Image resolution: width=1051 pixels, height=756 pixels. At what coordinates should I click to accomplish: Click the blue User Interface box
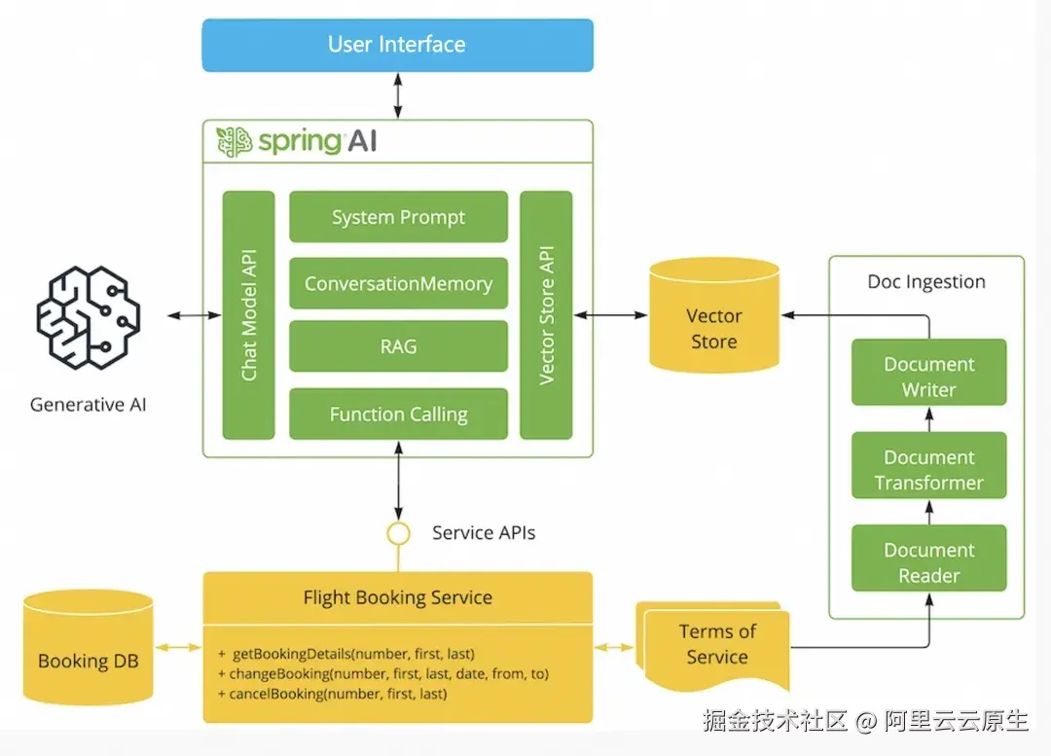[397, 45]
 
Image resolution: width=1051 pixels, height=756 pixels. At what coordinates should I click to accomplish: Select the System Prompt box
[398, 217]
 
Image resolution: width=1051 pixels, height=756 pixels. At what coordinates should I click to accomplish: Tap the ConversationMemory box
[398, 284]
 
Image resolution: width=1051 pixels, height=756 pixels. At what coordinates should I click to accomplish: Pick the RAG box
[398, 345]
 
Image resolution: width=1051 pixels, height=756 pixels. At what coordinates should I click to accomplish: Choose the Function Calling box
[398, 414]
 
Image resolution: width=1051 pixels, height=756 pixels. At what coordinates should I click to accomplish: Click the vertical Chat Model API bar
[249, 314]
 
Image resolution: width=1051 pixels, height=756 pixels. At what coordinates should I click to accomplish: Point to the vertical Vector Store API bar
[546, 314]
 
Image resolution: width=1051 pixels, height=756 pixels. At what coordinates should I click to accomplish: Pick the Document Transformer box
[928, 469]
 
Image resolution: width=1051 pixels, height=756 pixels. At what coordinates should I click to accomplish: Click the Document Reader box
[928, 561]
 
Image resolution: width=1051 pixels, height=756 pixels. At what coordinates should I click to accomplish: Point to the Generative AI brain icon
[89, 315]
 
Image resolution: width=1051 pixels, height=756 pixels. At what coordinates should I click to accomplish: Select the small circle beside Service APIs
[397, 533]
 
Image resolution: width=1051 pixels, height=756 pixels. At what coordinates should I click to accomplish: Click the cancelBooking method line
[338, 694]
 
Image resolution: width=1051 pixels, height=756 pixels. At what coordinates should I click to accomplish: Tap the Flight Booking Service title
[397, 597]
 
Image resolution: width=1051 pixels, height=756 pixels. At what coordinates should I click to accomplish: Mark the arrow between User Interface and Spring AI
[397, 95]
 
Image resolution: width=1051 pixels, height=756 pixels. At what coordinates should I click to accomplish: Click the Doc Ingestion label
[926, 281]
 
